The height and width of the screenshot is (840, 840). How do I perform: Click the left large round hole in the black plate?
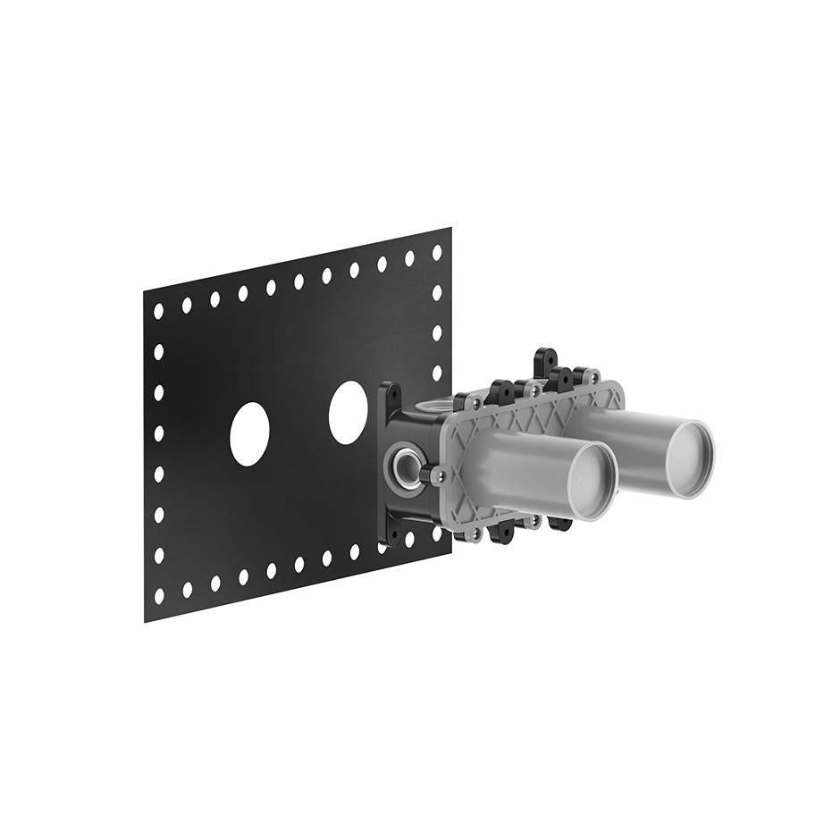pyautogui.click(x=249, y=434)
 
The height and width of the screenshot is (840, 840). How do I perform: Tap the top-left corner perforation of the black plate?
pyautogui.click(x=158, y=311)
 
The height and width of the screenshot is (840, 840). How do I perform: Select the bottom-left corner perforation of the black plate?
pyautogui.click(x=159, y=594)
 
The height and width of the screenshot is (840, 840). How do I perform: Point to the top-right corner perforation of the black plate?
pyautogui.click(x=437, y=253)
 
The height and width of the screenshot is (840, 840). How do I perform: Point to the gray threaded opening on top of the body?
pyautogui.click(x=431, y=406)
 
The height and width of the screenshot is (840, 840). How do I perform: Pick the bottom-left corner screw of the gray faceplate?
pyautogui.click(x=475, y=533)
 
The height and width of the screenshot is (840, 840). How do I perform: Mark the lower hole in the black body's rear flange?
pyautogui.click(x=391, y=534)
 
